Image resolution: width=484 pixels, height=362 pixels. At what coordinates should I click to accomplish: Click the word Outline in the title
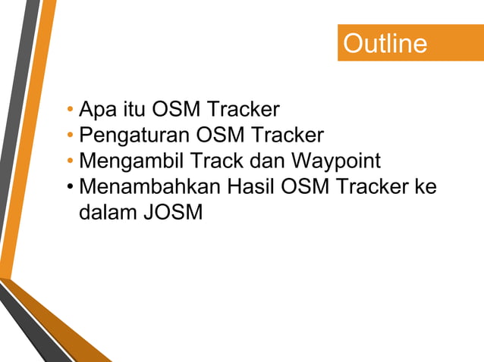coord(385,43)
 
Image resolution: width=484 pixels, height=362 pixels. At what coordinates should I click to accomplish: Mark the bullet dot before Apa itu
coord(70,112)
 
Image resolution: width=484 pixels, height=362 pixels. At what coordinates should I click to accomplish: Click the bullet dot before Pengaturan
coord(70,137)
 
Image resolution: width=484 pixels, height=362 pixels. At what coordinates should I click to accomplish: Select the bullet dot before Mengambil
coord(70,162)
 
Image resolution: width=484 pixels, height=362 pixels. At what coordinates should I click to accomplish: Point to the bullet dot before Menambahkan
coord(70,187)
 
